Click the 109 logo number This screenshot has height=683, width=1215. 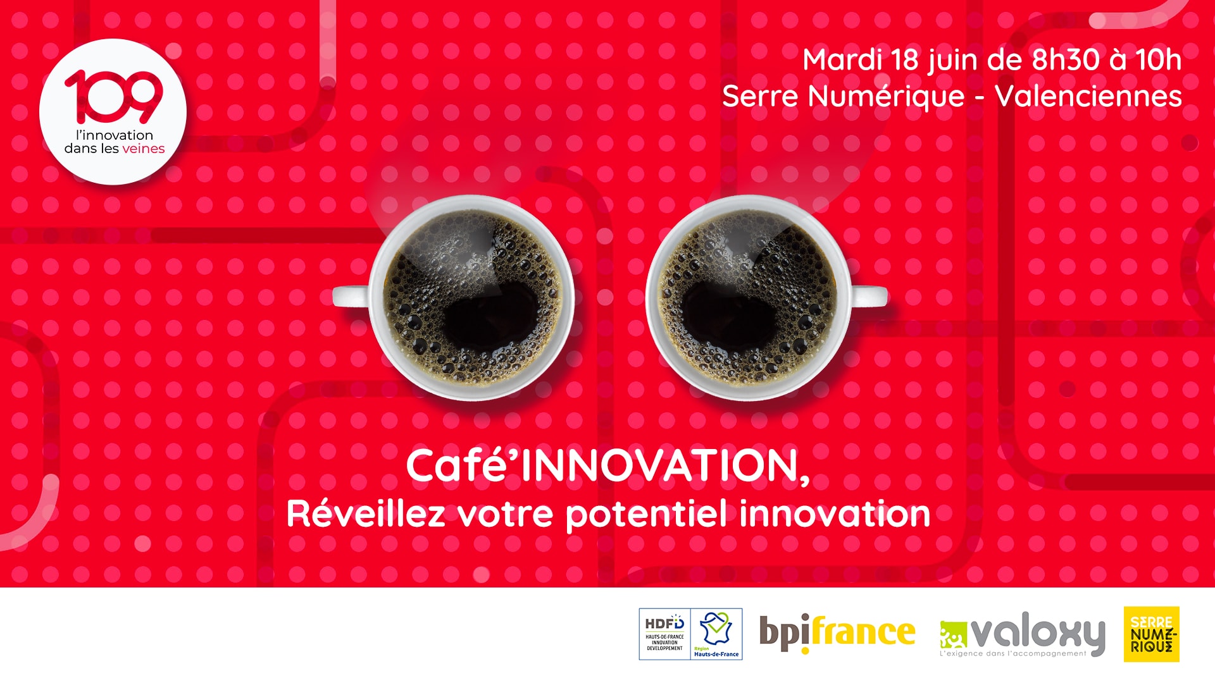[113, 97]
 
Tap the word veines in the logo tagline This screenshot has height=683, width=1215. [143, 149]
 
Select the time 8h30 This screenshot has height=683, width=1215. [1066, 60]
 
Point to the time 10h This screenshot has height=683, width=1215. [1159, 60]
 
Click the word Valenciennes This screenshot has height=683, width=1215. [1088, 96]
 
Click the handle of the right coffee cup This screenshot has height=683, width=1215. [868, 295]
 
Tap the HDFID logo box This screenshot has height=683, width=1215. [664, 634]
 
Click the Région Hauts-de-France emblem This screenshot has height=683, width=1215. [716, 634]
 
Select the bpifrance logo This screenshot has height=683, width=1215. [837, 633]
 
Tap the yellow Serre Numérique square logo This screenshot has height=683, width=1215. [1152, 634]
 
